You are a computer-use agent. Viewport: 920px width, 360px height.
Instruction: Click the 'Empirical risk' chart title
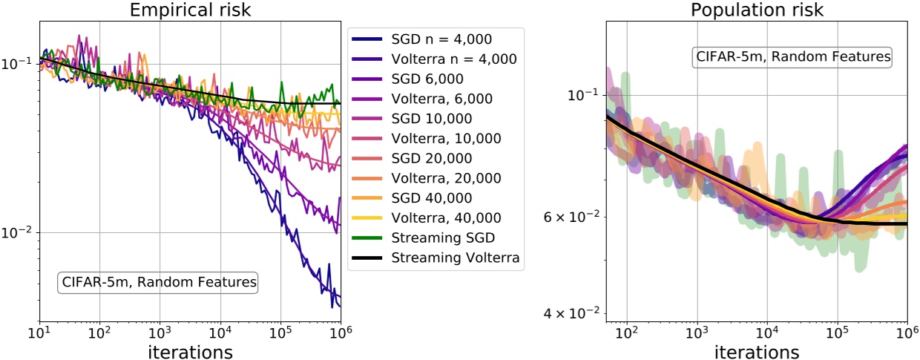pyautogui.click(x=190, y=10)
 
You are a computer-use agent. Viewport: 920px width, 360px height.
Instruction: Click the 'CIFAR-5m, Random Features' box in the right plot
pyautogui.click(x=792, y=56)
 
